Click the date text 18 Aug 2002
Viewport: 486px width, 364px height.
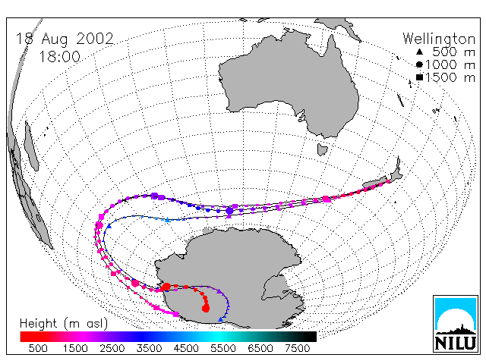(x=65, y=39)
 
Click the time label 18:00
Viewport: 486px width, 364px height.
(x=59, y=57)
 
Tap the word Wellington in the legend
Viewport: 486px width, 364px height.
(x=439, y=39)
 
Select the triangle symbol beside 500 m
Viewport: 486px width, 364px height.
(x=419, y=52)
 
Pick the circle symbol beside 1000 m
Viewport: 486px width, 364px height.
(x=419, y=64)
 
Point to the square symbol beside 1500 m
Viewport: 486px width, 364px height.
(x=419, y=77)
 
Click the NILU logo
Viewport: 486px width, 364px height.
(x=456, y=324)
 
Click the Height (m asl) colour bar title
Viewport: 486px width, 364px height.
(x=64, y=324)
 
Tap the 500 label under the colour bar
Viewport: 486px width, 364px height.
(x=38, y=348)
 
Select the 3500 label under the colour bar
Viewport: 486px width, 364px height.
(x=149, y=348)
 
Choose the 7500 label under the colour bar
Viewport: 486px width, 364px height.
(x=297, y=348)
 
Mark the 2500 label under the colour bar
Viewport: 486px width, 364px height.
(x=112, y=348)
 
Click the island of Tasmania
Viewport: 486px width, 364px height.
(x=322, y=149)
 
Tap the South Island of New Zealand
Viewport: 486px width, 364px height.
(x=376, y=183)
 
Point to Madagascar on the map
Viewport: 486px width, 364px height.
(x=31, y=146)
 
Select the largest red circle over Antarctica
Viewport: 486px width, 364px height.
(x=206, y=309)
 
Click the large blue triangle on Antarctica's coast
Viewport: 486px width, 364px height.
(x=220, y=319)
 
